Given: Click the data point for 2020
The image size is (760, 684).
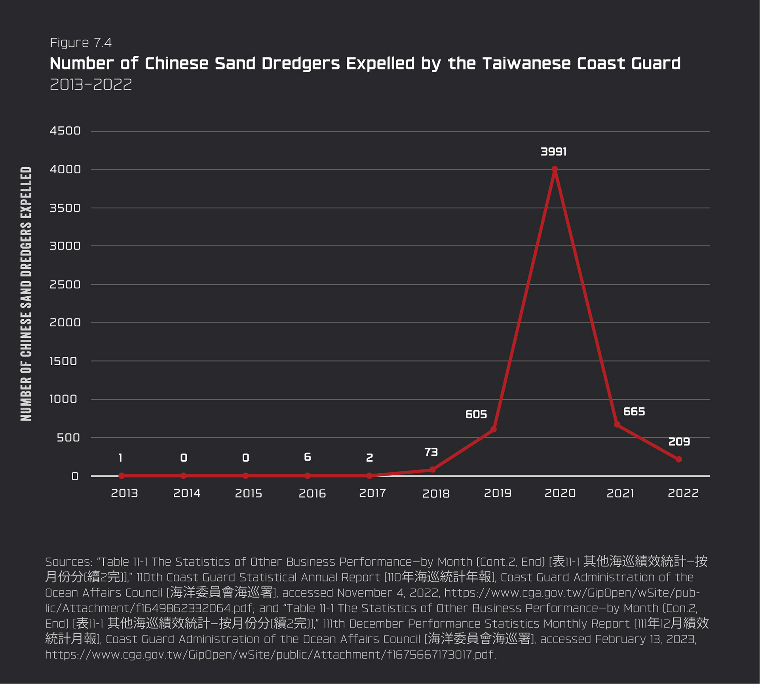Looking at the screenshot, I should pyautogui.click(x=555, y=170).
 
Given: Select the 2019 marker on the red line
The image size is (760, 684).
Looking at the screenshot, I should pyautogui.click(x=494, y=429).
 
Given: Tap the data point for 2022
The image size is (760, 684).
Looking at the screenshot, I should pyautogui.click(x=679, y=459).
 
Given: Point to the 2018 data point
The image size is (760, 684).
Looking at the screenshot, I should pyautogui.click(x=432, y=470).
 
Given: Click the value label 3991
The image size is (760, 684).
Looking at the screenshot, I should pyautogui.click(x=553, y=152).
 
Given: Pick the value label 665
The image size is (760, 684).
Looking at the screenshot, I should pyautogui.click(x=634, y=412).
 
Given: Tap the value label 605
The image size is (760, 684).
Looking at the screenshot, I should pyautogui.click(x=476, y=414).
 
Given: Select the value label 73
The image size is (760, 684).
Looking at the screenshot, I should pyautogui.click(x=431, y=452).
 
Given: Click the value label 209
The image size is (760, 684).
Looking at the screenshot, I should pyautogui.click(x=679, y=442).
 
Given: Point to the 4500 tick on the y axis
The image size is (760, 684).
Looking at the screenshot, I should pyautogui.click(x=65, y=131).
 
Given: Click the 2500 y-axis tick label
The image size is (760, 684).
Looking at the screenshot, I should pyautogui.click(x=65, y=284).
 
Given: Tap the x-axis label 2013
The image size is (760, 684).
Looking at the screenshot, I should pyautogui.click(x=124, y=493).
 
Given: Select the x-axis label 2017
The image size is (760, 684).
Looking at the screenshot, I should pyautogui.click(x=372, y=493).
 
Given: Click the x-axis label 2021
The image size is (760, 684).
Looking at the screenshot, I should pyautogui.click(x=620, y=493).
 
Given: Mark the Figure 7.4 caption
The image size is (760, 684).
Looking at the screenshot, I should pyautogui.click(x=81, y=43).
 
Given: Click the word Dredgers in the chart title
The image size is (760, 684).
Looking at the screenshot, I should pyautogui.click(x=300, y=64).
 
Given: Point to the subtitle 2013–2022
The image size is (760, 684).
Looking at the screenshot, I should pyautogui.click(x=91, y=84).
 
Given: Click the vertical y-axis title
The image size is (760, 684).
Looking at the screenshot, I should pyautogui.click(x=26, y=293).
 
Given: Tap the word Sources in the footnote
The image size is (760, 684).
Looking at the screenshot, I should pyautogui.click(x=68, y=562).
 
